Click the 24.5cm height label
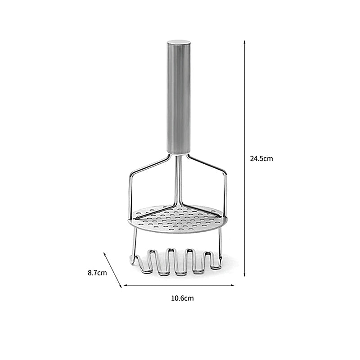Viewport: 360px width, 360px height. pos(261,159)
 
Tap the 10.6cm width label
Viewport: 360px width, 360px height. pos(182,298)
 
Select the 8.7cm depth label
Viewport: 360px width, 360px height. pos(97,273)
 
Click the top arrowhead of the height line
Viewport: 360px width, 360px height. pos(244,42)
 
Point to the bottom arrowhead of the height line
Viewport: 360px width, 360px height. pos(244,274)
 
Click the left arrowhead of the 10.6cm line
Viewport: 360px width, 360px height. pos(126,285)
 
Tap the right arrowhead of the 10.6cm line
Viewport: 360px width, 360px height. pos(232,285)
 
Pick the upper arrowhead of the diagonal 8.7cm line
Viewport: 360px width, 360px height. pos(105,254)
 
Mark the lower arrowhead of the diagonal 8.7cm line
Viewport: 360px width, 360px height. pos(120,286)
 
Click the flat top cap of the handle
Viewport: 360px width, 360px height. pos(179,42)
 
